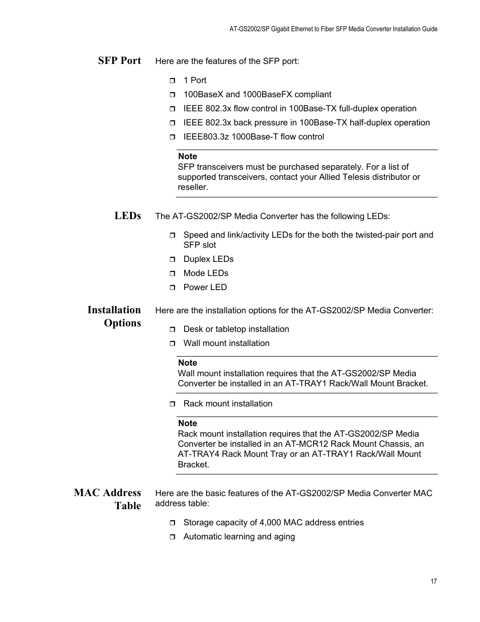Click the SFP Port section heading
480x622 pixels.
coord(119,60)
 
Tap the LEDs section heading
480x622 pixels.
coord(127,216)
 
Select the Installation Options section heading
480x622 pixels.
coord(114,316)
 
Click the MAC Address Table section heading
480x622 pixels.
coord(108,499)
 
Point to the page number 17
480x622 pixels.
coord(434,581)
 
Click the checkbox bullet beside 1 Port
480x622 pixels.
coord(172,81)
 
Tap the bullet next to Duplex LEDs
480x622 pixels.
coord(172,259)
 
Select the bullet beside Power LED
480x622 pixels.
coord(172,288)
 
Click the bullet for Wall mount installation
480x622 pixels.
coord(172,343)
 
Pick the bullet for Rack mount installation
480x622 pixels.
coord(172,404)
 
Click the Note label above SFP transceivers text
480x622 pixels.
coord(187,156)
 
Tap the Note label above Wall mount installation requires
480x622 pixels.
coord(187,363)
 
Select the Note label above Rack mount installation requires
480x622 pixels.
coord(187,423)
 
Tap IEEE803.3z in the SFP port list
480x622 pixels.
coord(205,136)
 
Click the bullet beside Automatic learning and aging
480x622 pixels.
coord(172,537)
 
